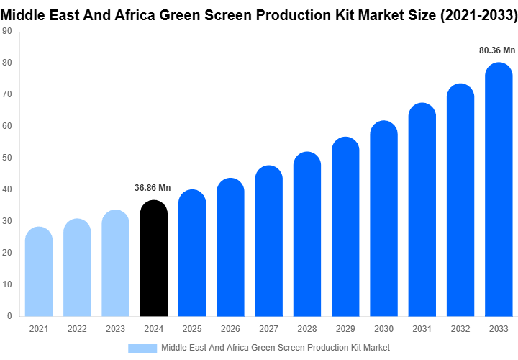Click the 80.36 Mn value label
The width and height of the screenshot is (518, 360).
(x=498, y=50)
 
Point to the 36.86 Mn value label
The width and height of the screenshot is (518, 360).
(x=153, y=188)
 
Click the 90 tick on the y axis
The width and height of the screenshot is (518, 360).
(x=8, y=31)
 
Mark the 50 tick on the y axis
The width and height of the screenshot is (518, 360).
(x=8, y=158)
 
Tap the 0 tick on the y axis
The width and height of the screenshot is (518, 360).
(x=10, y=315)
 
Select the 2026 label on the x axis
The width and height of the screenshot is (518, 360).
(x=230, y=329)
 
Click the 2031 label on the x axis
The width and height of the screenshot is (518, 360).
(x=422, y=329)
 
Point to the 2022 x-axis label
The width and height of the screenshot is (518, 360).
(x=77, y=329)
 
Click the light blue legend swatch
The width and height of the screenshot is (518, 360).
(x=142, y=348)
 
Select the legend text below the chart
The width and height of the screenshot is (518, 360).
(x=276, y=348)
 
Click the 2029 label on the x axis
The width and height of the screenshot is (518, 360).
(x=345, y=329)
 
